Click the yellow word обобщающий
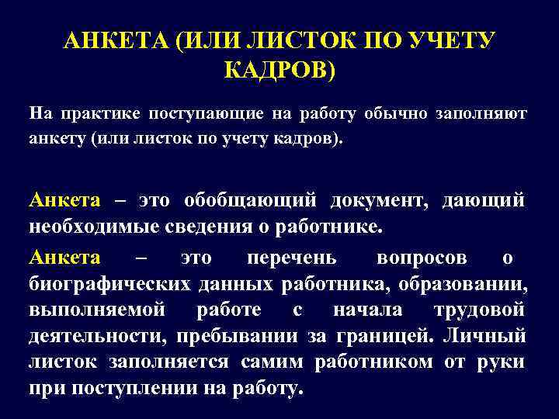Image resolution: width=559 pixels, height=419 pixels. (x=250, y=200)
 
